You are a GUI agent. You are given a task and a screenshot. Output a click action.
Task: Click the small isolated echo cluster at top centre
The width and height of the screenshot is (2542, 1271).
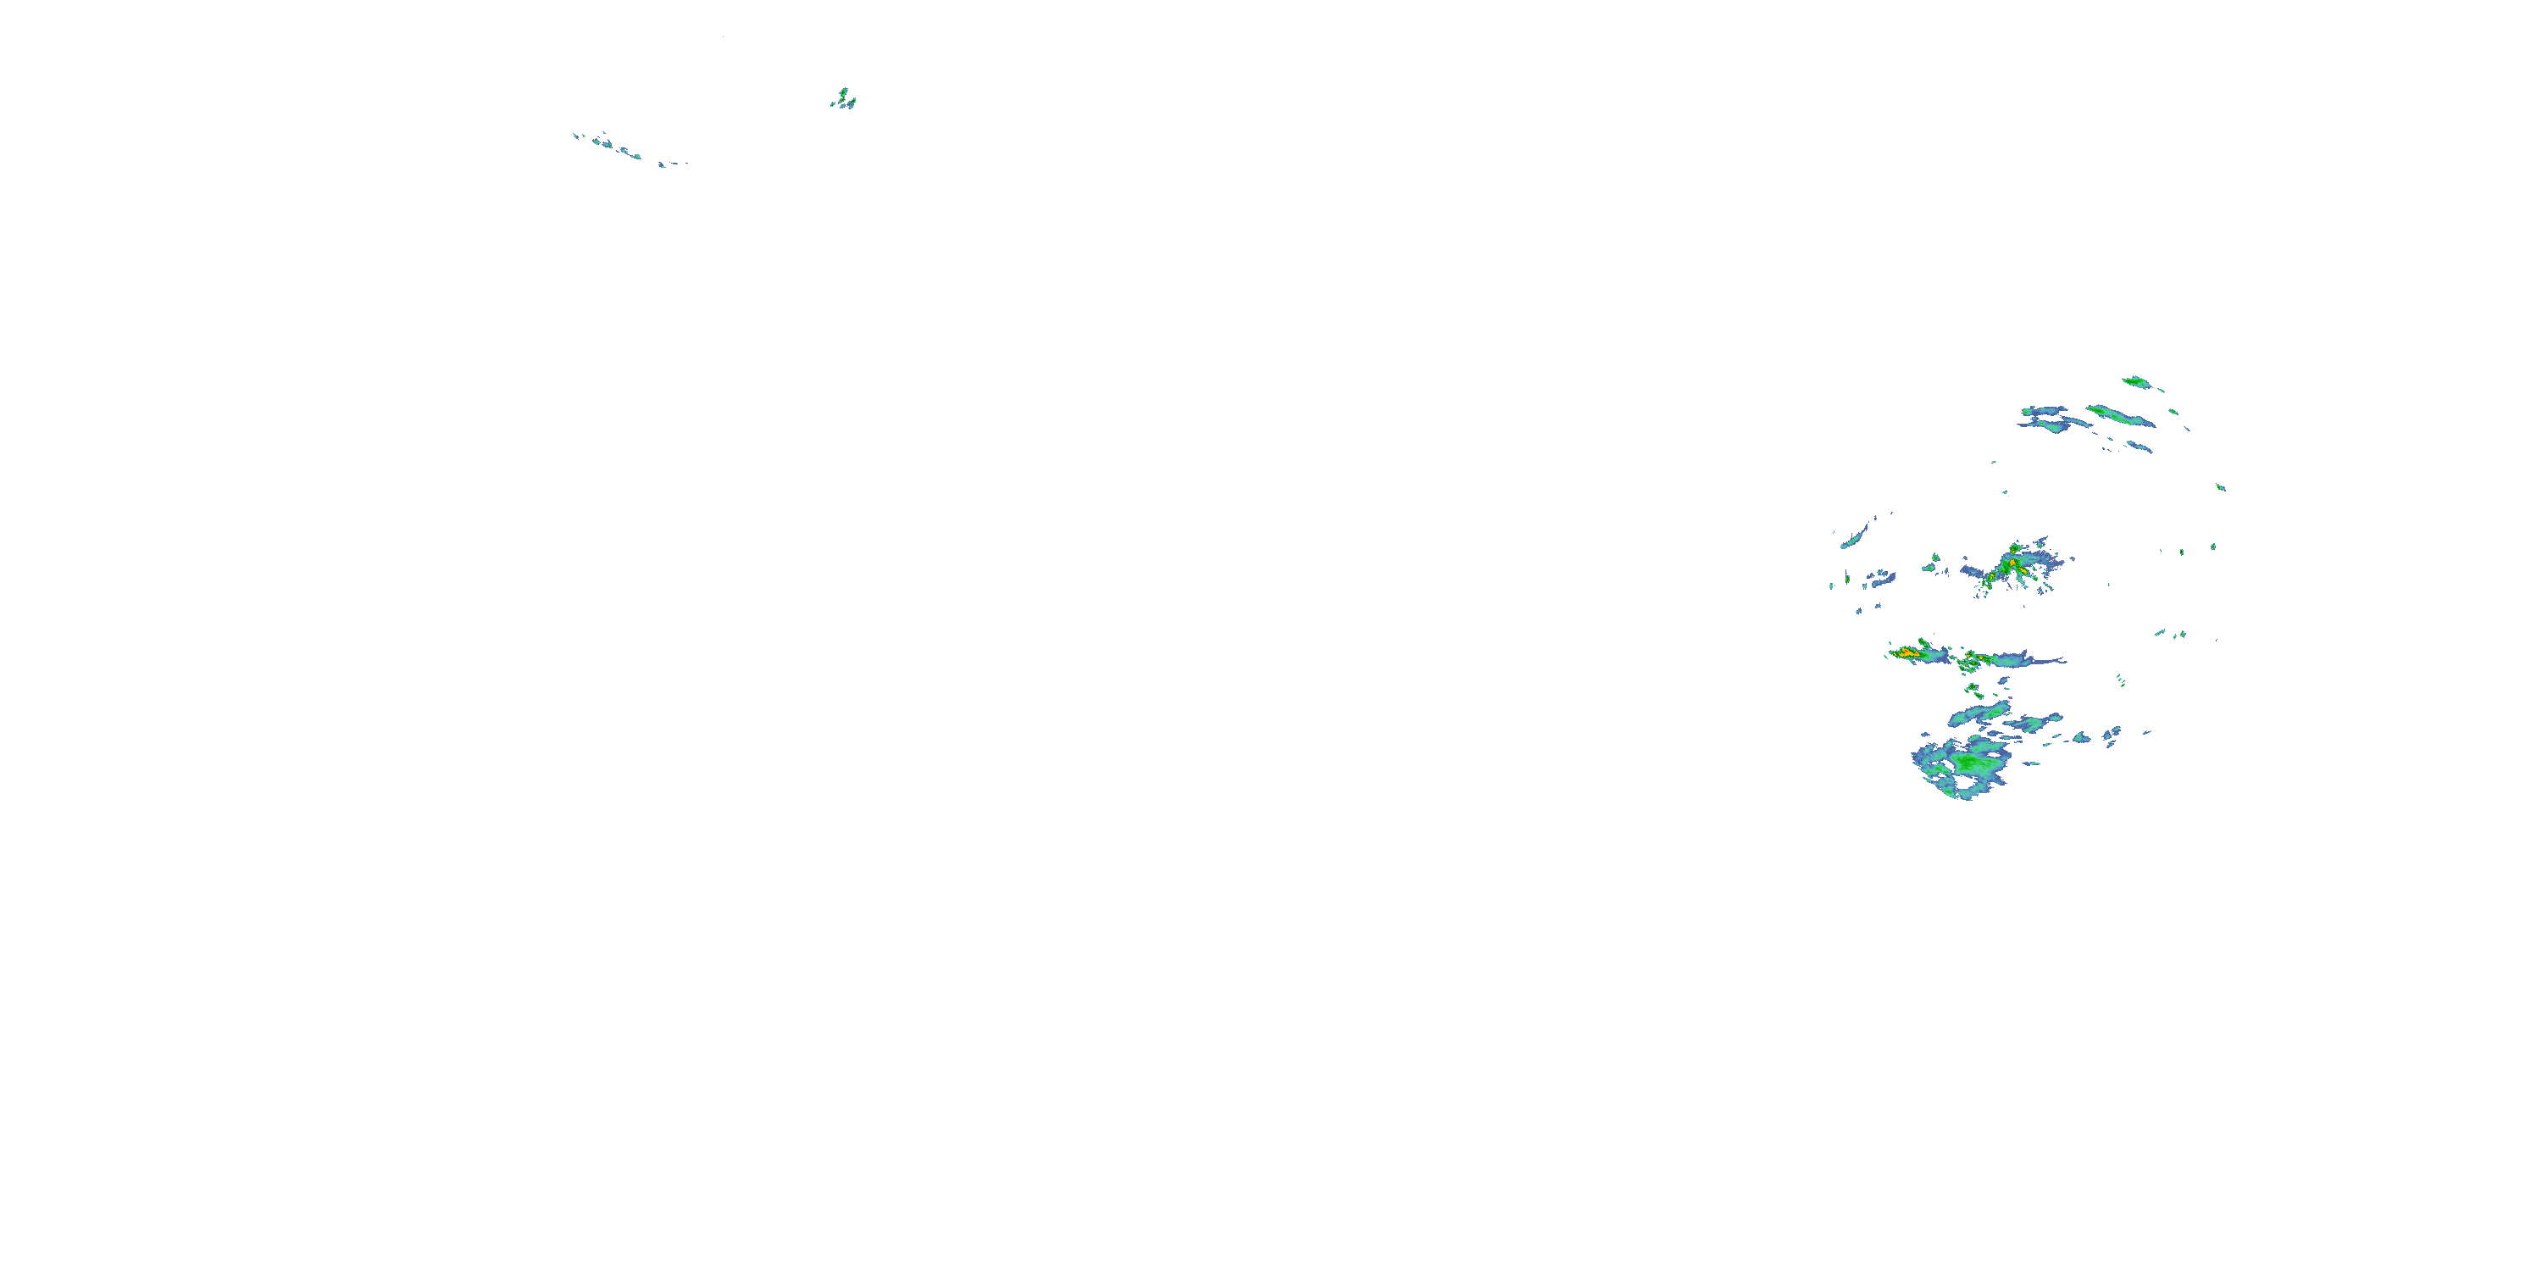point(844,98)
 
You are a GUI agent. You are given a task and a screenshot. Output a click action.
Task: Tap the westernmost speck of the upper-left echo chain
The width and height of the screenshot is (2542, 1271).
point(575,136)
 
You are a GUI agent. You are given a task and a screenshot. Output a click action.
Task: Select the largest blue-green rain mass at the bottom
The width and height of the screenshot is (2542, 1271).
point(1964,765)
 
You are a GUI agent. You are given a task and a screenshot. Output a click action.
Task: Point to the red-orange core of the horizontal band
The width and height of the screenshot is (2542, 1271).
point(1906,652)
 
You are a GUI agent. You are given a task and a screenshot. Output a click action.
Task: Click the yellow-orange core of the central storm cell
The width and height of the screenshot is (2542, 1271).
point(2013,565)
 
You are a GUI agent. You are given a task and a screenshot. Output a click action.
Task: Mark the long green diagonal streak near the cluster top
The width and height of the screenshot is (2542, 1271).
point(2121,415)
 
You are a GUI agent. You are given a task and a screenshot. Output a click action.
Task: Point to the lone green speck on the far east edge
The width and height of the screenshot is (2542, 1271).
point(2220,486)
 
